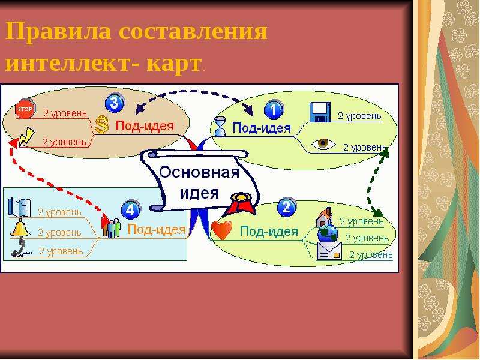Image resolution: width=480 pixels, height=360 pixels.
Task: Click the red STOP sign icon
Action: pyautogui.click(x=25, y=109)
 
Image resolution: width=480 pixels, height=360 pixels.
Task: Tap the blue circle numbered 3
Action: pyautogui.click(x=115, y=103)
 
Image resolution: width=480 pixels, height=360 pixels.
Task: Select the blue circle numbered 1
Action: pyautogui.click(x=274, y=110)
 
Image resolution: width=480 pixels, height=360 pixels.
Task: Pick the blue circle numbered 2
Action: pyautogui.click(x=287, y=207)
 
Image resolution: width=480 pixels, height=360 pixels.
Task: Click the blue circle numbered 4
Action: pyautogui.click(x=131, y=210)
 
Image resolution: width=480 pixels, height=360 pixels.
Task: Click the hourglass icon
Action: pyautogui.click(x=220, y=126)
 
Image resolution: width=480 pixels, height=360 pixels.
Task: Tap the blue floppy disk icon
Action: pyautogui.click(x=320, y=112)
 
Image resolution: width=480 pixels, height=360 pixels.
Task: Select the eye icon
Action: pyautogui.click(x=323, y=143)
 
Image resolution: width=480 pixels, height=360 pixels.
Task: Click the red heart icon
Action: pyautogui.click(x=222, y=230)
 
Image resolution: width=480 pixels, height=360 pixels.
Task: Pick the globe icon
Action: pyautogui.click(x=327, y=233)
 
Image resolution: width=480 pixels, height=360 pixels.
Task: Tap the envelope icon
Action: pyautogui.click(x=329, y=251)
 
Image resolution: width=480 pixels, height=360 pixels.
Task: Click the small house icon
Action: pyautogui.click(x=324, y=217)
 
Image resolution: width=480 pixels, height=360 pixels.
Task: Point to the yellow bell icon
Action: pyautogui.click(x=20, y=227)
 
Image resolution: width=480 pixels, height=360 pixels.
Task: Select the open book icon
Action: pyautogui.click(x=20, y=207)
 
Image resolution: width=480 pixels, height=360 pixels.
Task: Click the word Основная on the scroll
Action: pyautogui.click(x=199, y=172)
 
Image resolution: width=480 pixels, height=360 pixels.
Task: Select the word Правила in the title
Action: pyautogui.click(x=58, y=31)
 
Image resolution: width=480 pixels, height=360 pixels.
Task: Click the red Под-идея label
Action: pyautogui.click(x=145, y=126)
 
